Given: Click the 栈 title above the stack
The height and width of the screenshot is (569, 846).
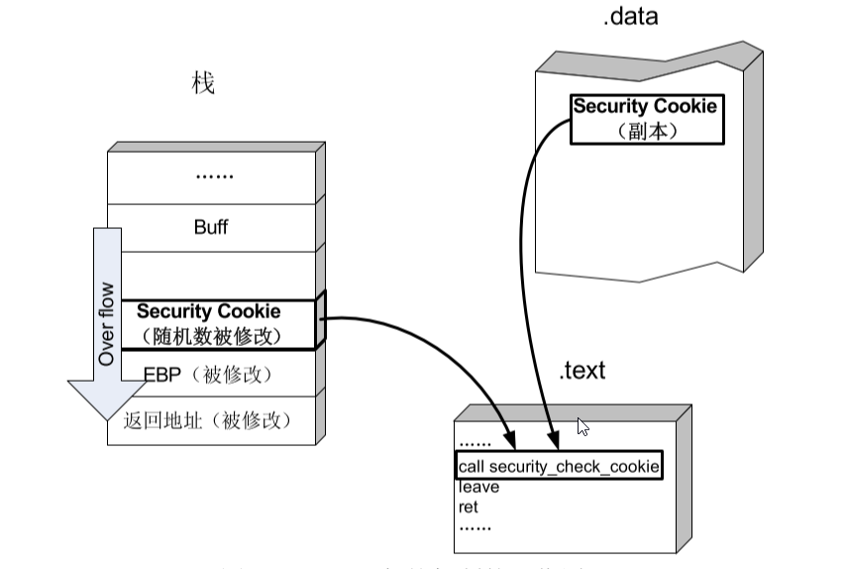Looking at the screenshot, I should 203,84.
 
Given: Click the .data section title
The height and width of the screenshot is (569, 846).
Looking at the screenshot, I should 630,16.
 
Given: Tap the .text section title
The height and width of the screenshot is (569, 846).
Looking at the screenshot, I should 582,372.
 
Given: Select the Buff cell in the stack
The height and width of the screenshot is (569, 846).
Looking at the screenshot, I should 210,227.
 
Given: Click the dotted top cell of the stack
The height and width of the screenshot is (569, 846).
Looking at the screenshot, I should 213,175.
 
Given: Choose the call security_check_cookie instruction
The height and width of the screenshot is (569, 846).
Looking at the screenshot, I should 559,466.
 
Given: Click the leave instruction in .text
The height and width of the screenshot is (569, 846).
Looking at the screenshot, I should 479,487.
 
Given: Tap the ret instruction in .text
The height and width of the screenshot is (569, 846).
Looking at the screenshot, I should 468,507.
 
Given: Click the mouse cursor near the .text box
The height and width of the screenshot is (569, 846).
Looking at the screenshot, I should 583,427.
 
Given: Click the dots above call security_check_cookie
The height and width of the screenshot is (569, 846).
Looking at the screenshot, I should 475,443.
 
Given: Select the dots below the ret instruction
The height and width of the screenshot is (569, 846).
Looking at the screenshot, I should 475,526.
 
